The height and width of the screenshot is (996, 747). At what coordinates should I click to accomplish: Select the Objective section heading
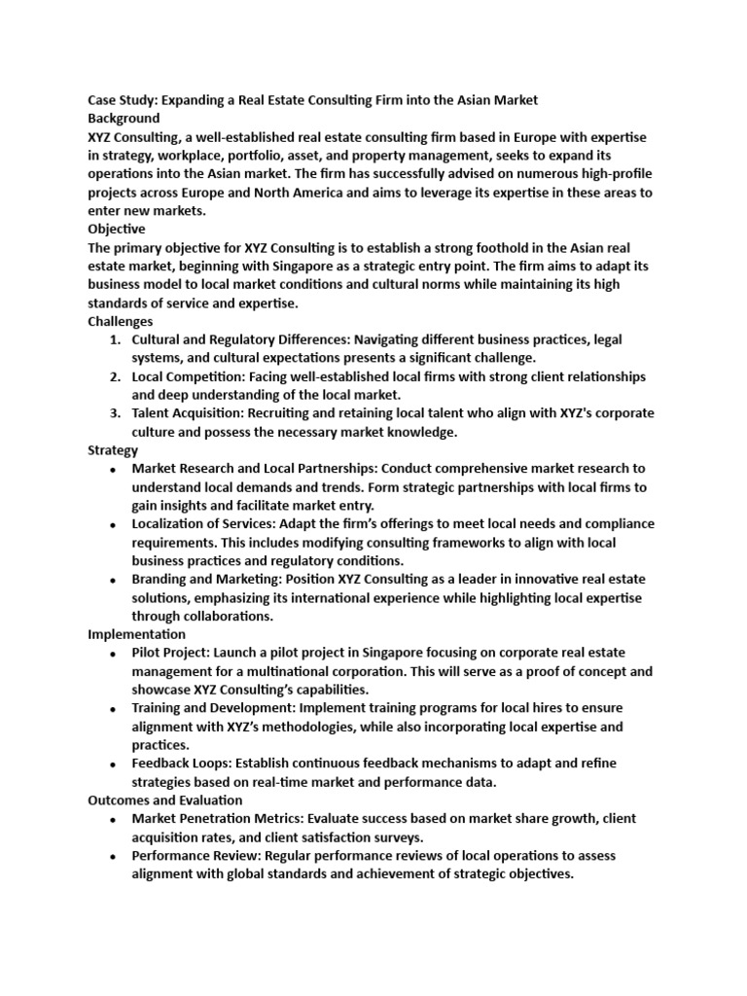pyautogui.click(x=117, y=229)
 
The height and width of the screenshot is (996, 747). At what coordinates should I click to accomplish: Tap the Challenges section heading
pyautogui.click(x=121, y=320)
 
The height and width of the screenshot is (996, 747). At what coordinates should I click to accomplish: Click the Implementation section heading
pyautogui.click(x=137, y=634)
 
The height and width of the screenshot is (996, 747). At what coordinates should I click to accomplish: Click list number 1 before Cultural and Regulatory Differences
pyautogui.click(x=115, y=339)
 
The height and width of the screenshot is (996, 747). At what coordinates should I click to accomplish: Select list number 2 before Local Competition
pyautogui.click(x=115, y=376)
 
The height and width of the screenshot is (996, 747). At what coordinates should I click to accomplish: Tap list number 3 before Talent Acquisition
pyautogui.click(x=115, y=413)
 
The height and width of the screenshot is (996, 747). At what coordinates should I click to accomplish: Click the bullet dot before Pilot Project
pyautogui.click(x=114, y=655)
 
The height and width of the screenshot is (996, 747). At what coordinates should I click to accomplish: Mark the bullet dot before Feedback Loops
pyautogui.click(x=114, y=765)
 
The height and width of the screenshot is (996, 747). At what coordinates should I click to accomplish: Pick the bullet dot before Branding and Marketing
pyautogui.click(x=114, y=581)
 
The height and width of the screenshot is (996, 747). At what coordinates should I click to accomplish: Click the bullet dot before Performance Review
pyautogui.click(x=114, y=857)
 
